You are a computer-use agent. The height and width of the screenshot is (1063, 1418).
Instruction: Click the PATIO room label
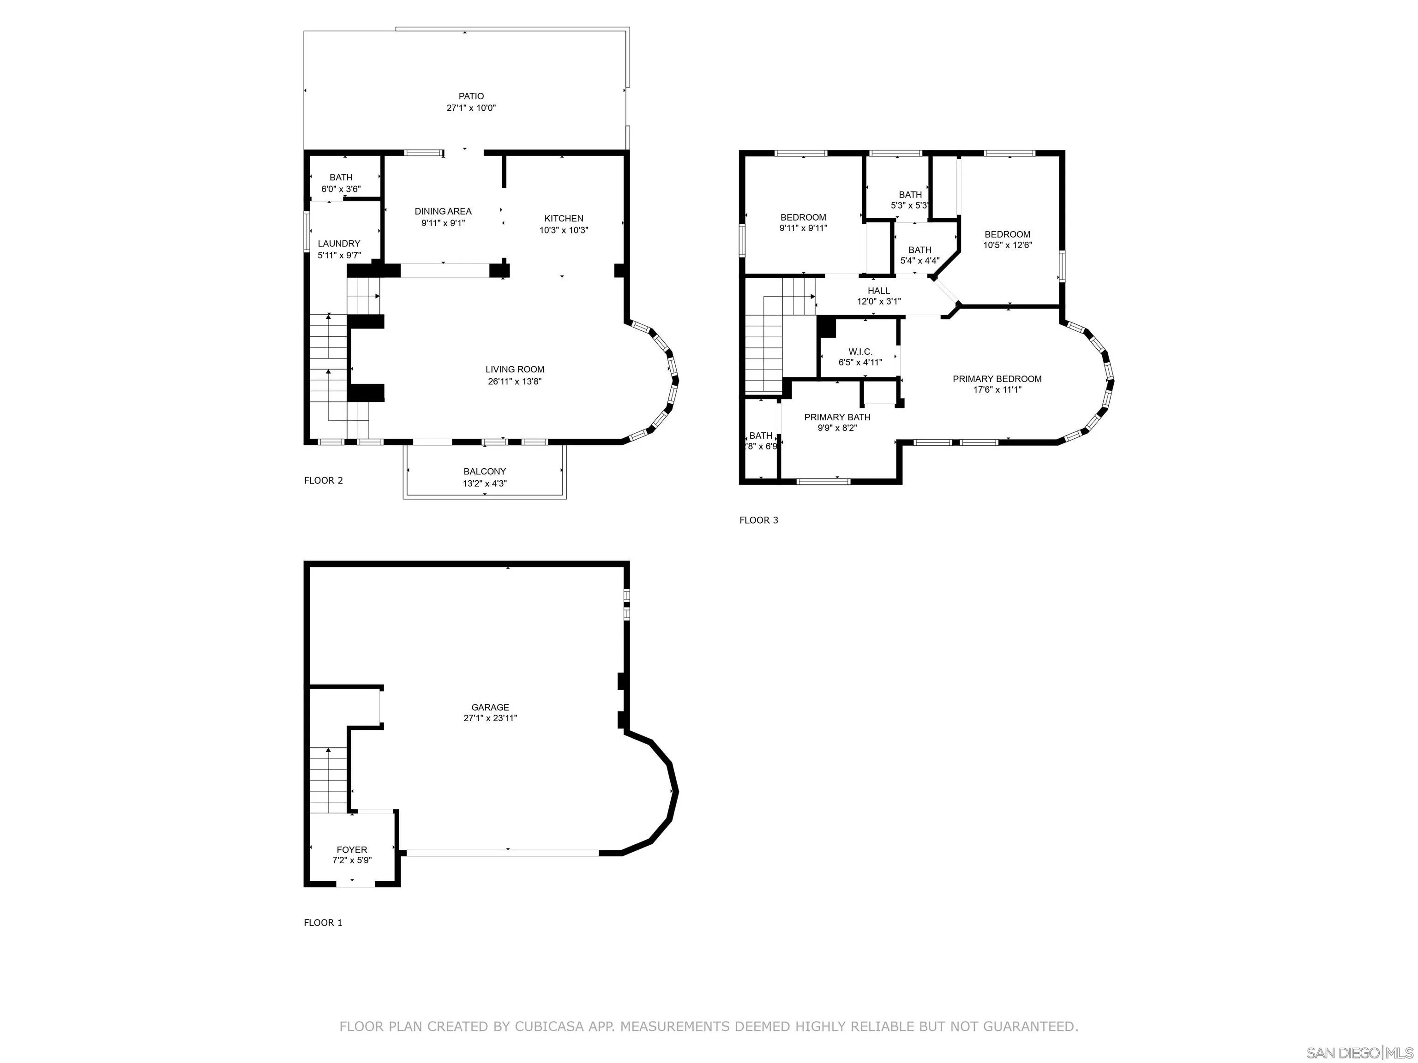[x=471, y=96]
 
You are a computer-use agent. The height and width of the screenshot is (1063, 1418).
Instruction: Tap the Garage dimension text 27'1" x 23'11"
[x=490, y=718]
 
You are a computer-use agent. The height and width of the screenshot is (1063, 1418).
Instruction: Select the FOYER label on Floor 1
[x=352, y=850]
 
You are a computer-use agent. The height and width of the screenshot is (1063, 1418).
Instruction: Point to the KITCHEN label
[x=564, y=219]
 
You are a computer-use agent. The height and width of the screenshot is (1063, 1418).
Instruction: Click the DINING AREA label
[x=443, y=211]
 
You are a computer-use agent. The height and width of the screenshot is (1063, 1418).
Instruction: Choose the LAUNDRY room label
[x=339, y=244]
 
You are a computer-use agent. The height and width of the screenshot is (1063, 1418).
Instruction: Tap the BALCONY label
[x=485, y=472]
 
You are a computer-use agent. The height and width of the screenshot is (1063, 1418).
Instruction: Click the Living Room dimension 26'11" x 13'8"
[x=515, y=381]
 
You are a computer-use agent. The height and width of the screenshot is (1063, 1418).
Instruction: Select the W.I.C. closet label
[x=860, y=352]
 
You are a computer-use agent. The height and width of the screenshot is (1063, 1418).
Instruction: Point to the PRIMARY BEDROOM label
[x=997, y=379]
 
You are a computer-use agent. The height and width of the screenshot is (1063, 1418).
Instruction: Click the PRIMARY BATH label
[x=837, y=417]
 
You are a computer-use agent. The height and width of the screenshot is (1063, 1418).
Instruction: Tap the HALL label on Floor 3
[x=879, y=291]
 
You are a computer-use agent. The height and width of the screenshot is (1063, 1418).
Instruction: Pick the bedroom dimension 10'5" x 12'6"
[x=1008, y=245]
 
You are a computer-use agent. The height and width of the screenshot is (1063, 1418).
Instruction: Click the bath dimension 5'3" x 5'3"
[x=910, y=206]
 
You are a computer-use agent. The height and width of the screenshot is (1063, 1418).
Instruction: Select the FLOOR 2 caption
[x=324, y=481]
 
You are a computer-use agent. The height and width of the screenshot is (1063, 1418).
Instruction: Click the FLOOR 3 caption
[x=759, y=520]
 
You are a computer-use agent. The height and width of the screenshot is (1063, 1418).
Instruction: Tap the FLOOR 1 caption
[x=323, y=923]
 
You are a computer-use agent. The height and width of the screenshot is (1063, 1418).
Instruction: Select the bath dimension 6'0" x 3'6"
[x=341, y=189]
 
